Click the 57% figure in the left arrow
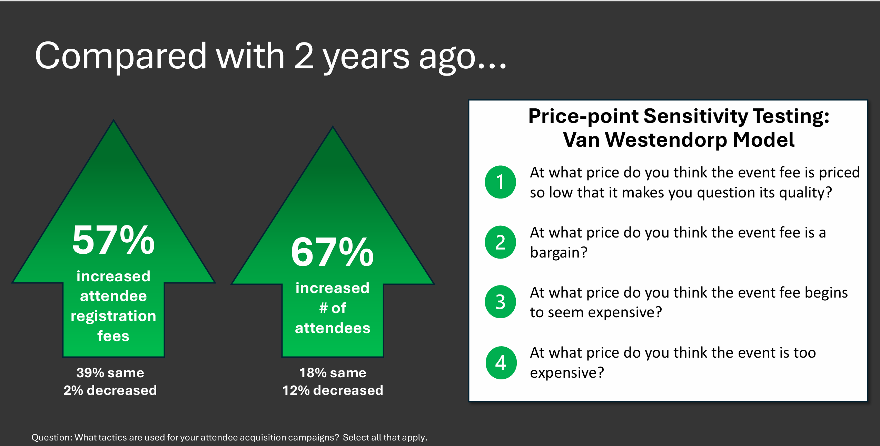[113, 240]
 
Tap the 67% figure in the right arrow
[332, 252]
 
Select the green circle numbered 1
[500, 182]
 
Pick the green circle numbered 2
[500, 242]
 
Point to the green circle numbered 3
[500, 302]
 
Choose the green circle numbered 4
[501, 363]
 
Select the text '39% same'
[110, 373]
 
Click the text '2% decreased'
[110, 390]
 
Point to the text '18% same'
[333, 373]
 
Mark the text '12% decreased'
[333, 390]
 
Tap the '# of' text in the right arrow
[333, 308]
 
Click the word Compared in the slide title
[121, 56]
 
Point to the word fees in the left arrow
[113, 336]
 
